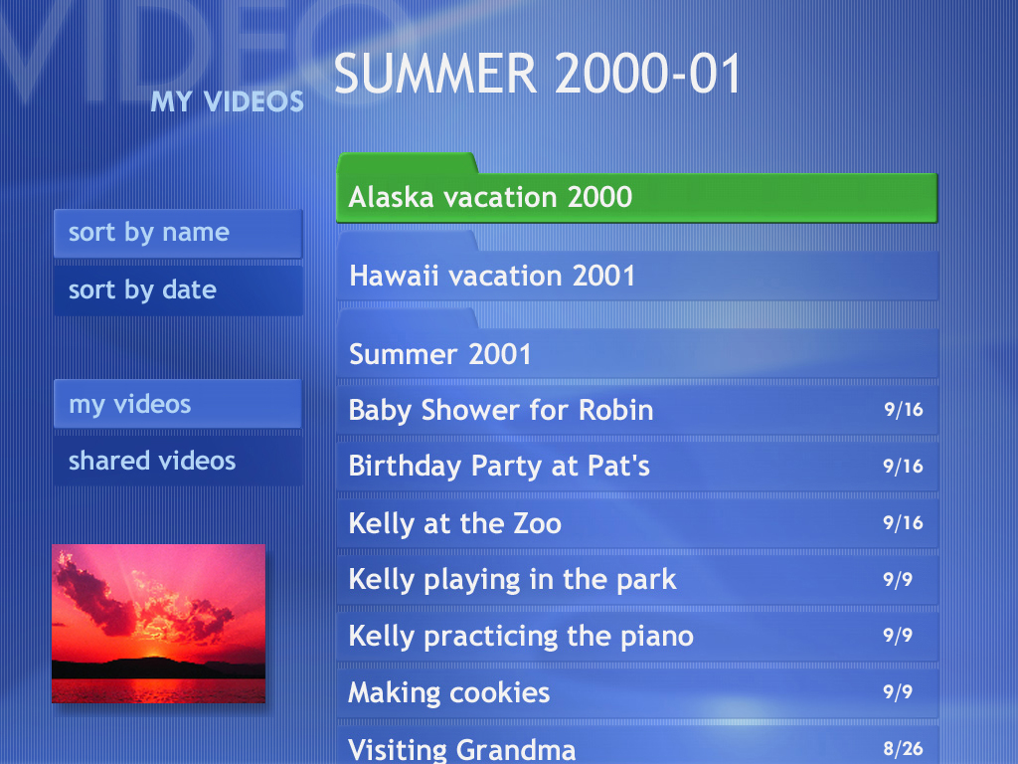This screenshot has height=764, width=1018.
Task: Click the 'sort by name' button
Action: [178, 233]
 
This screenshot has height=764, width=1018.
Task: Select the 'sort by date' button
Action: [178, 290]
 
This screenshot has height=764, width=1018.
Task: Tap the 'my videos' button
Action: [178, 404]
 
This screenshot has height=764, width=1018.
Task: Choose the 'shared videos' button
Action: [178, 461]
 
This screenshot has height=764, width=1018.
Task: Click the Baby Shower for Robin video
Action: [637, 410]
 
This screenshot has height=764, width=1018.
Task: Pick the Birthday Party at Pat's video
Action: [637, 467]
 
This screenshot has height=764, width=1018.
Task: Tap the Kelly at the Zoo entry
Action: [637, 523]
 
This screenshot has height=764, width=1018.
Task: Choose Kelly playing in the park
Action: [637, 580]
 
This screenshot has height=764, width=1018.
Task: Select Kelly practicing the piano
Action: [637, 636]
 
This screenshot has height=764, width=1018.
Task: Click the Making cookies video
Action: [637, 692]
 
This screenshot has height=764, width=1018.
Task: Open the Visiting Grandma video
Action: [637, 746]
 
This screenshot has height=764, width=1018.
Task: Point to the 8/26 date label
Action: [903, 749]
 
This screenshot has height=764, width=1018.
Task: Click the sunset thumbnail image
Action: [158, 624]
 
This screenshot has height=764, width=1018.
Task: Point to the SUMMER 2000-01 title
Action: [537, 74]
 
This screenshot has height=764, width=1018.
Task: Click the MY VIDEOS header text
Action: [228, 101]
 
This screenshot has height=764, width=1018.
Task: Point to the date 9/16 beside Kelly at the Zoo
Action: [903, 523]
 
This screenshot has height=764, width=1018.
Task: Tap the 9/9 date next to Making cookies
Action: [898, 692]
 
